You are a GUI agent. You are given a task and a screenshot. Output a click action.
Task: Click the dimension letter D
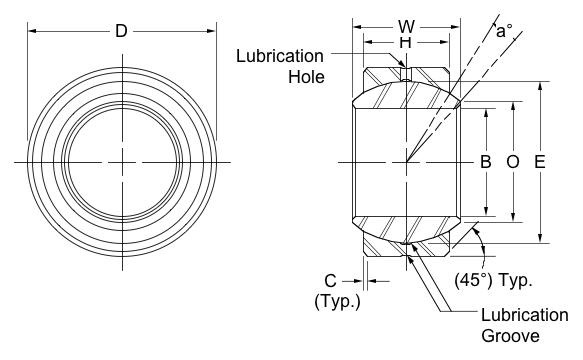[121, 31]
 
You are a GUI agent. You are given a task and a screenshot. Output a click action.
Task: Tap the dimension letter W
[406, 27]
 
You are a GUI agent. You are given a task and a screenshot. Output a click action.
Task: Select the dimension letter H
[406, 43]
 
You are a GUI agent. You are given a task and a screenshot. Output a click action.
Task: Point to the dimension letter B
[486, 162]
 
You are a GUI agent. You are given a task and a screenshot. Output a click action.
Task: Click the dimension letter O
[513, 162]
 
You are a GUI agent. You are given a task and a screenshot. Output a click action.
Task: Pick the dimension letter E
[540, 162]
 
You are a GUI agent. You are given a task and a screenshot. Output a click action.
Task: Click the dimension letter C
[331, 281]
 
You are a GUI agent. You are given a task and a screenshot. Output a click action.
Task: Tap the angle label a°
[504, 31]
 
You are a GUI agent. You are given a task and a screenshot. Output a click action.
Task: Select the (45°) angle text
[473, 280]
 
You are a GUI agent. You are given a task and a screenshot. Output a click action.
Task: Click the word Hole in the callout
[307, 77]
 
